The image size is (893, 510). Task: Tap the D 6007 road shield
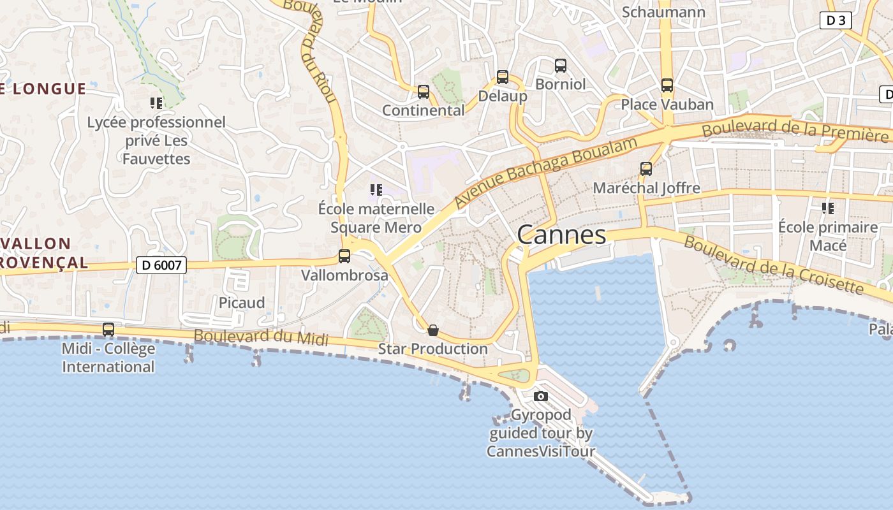tap(161, 265)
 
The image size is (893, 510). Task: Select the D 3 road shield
tap(836, 20)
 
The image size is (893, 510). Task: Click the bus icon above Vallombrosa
tap(344, 256)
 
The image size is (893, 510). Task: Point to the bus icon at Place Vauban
tap(667, 85)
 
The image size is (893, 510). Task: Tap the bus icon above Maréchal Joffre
tap(646, 169)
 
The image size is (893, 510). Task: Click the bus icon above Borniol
tap(561, 65)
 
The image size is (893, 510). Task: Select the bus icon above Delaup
tap(503, 77)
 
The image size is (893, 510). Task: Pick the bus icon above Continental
tap(424, 92)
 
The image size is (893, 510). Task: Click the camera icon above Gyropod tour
tap(541, 396)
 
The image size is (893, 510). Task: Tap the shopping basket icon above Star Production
tap(433, 330)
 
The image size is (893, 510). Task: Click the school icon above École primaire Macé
tap(828, 208)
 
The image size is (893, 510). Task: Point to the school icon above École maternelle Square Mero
tap(376, 189)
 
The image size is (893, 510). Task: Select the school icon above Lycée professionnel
tap(156, 103)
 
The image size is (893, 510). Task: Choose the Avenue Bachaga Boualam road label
tap(545, 173)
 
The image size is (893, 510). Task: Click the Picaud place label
tap(242, 302)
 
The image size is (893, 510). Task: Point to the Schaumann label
tap(663, 12)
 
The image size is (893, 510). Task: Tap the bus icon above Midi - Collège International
tap(108, 330)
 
